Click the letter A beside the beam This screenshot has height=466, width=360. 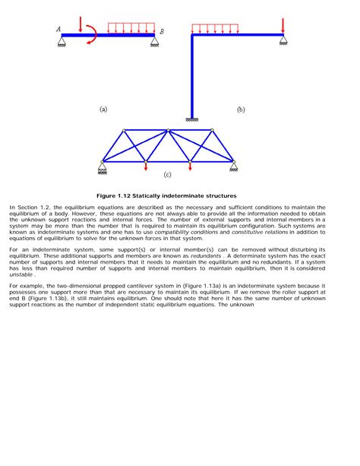(58, 30)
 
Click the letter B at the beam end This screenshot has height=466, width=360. (161, 31)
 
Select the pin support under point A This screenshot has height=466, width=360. (62, 40)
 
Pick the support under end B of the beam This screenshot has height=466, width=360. (154, 41)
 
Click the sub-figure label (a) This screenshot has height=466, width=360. (103, 109)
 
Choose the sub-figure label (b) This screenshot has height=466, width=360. (240, 109)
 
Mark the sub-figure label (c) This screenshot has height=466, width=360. (168, 176)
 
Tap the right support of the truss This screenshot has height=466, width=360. (234, 166)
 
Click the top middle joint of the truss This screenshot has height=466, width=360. (168, 130)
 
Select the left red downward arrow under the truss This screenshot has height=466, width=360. (147, 166)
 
